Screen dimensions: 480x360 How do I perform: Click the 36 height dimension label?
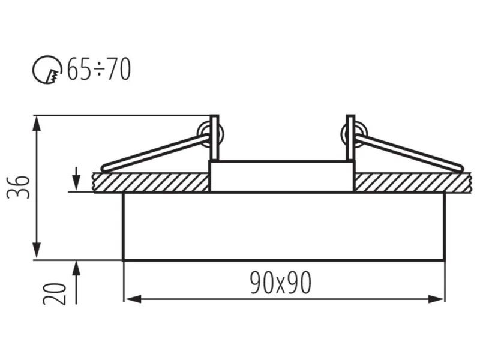coord(19,187)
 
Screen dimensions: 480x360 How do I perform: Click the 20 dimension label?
coord(55,293)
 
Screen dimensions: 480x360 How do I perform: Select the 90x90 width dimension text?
coord(281,283)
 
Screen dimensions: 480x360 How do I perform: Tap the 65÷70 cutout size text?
coord(99,69)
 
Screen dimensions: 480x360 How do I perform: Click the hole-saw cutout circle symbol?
coord(47,69)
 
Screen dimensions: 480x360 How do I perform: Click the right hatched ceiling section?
coord(413,183)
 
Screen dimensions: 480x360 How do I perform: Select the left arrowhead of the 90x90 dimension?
coord(133,299)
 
